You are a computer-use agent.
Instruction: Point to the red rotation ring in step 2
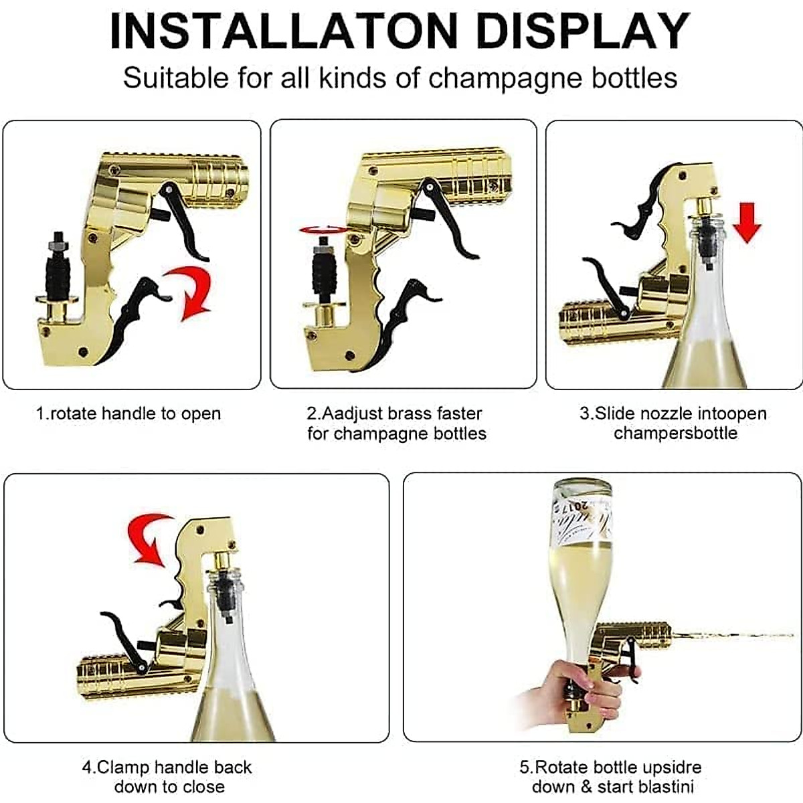pos(323,230)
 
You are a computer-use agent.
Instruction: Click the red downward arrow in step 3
pos(746,222)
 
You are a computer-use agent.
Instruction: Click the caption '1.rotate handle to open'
pos(128,414)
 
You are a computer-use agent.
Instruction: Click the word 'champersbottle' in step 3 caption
pos(675,433)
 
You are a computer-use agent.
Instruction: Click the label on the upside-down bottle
pos(581,519)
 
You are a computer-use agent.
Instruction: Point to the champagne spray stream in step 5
pos(729,634)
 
